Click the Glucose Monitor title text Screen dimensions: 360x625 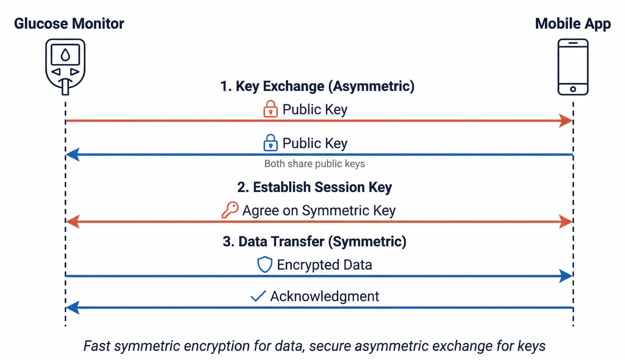[69, 24]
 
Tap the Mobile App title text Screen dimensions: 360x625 [573, 24]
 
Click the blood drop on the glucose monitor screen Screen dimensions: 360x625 [65, 55]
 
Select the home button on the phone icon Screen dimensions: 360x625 [573, 89]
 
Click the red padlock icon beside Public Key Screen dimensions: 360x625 [270, 109]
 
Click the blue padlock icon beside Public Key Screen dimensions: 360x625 [270, 143]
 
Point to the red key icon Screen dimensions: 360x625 [230, 210]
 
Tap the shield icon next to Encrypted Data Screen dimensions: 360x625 [265, 264]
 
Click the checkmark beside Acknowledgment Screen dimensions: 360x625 [258, 296]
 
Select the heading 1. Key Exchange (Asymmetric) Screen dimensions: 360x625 [317, 86]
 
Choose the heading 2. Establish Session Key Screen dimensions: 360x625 [315, 187]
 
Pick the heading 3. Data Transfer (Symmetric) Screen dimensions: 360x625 [315, 241]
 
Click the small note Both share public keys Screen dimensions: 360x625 [315, 164]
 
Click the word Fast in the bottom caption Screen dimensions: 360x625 [97, 346]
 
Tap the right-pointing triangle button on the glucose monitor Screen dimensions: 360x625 [75, 72]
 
